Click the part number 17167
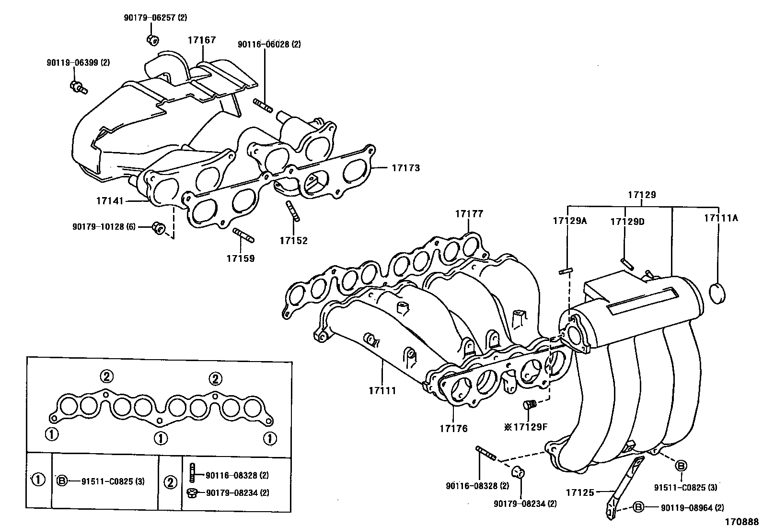tap(201, 40)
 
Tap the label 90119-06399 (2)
tap(78, 62)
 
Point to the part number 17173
tap(405, 168)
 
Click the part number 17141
tap(110, 201)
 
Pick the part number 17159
tap(241, 258)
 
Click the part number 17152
tap(294, 240)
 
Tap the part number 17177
tap(469, 214)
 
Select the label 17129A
tap(569, 221)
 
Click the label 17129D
tap(627, 222)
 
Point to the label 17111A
tap(721, 218)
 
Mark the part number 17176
tap(453, 428)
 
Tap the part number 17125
tap(580, 492)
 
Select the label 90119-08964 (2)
tap(692, 507)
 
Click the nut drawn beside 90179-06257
tap(153, 39)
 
